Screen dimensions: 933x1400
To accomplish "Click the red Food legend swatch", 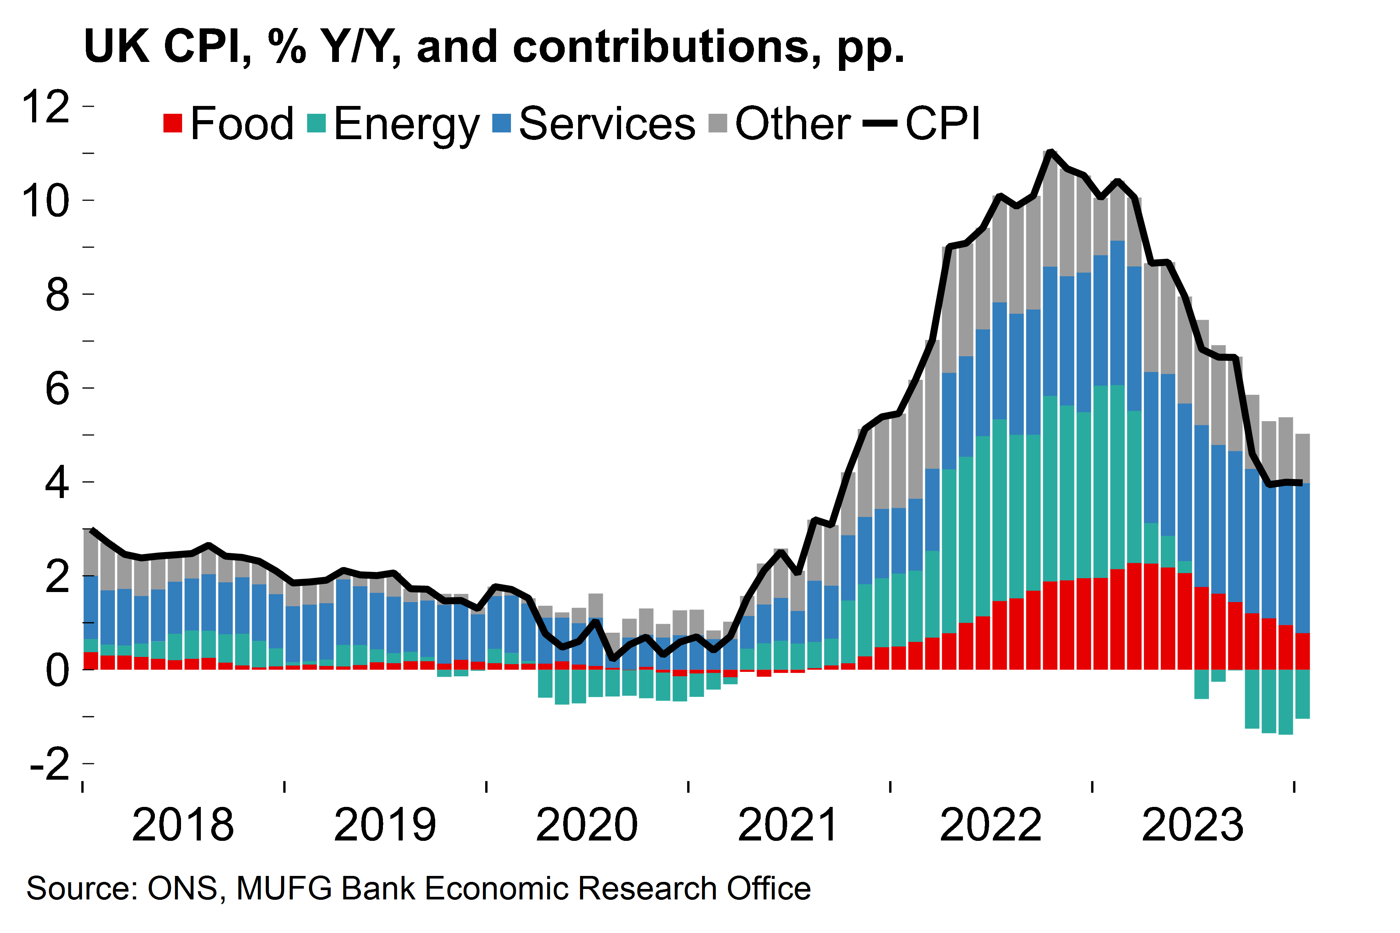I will (172, 123).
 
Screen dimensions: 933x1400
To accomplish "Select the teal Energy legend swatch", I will (317, 123).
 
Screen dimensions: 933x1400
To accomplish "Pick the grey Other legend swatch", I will (718, 123).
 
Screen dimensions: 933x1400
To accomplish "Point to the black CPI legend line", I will (880, 123).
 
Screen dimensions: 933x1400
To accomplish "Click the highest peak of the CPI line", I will (1051, 152).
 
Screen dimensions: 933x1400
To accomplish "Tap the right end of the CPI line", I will (1301, 483).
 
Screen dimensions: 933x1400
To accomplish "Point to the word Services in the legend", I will (607, 123).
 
